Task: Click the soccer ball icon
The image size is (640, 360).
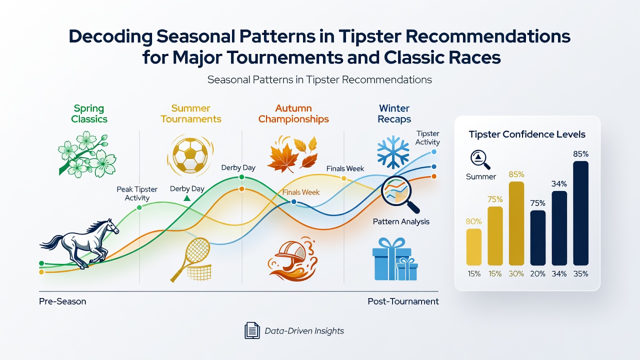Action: (190, 155)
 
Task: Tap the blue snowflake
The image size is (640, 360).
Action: (393, 152)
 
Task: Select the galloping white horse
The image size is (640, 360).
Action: (79, 243)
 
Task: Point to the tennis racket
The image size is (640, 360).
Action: (190, 259)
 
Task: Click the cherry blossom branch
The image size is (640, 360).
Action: (87, 154)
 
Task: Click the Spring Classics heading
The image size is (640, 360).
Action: (89, 113)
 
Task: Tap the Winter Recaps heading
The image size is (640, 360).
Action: (394, 113)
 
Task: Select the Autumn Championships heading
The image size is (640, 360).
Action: (293, 113)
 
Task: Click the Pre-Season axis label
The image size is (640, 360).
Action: (62, 301)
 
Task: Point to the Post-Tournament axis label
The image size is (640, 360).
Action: (403, 301)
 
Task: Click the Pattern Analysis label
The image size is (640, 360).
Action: (401, 221)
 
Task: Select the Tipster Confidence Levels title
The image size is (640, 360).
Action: (527, 134)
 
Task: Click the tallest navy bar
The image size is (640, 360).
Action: (580, 213)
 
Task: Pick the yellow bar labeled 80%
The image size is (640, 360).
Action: (473, 247)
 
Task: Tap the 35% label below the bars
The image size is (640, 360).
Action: (580, 274)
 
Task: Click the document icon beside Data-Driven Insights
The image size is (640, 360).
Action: (252, 330)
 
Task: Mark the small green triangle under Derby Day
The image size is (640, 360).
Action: (187, 198)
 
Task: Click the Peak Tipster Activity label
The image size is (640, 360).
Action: (137, 193)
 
